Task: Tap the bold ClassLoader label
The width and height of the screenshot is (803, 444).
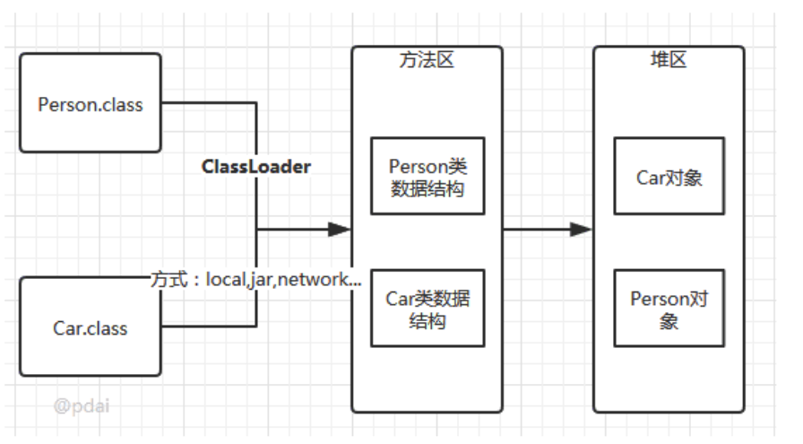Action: coord(256,167)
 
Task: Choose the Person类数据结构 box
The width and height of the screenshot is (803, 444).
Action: coord(427,176)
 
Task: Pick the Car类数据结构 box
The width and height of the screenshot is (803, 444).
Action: coord(427,308)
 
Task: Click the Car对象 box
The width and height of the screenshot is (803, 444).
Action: coord(669,176)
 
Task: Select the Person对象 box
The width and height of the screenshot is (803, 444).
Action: coord(669,308)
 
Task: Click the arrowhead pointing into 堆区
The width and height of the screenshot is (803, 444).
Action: coord(582,230)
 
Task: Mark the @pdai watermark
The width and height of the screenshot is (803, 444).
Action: coord(82,405)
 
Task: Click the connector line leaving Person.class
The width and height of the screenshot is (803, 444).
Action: coord(211,102)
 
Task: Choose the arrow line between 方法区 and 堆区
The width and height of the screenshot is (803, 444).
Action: coord(538,230)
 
